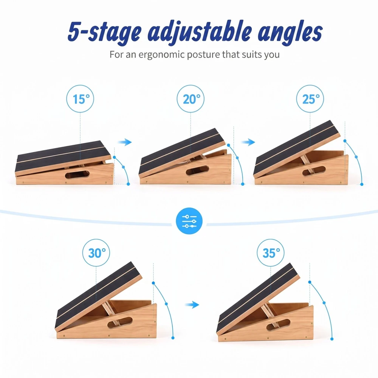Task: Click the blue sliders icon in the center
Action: point(189,221)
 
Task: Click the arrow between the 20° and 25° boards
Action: point(248,142)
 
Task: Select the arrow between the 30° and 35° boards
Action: point(192,305)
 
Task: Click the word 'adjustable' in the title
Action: point(200,33)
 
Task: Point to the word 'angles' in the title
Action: point(290,33)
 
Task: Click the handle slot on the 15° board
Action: point(77,174)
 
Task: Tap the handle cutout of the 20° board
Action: point(197,170)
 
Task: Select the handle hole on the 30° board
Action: point(120,322)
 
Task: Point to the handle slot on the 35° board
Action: point(278,325)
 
